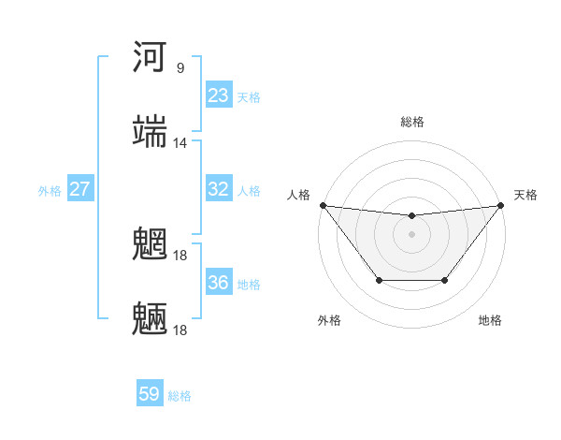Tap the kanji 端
[151, 132]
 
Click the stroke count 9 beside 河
[180, 68]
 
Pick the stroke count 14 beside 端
[180, 143]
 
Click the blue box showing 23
[219, 95]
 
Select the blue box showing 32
[219, 189]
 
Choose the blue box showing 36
[219, 283]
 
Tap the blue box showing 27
[80, 189]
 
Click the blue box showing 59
[150, 394]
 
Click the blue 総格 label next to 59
[180, 396]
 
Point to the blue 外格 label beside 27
[50, 191]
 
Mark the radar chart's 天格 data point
[501, 205]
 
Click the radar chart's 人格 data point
[323, 205]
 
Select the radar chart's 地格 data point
[446, 280]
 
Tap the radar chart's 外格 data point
[378, 280]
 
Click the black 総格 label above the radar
[412, 122]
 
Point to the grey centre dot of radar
[411, 233]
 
